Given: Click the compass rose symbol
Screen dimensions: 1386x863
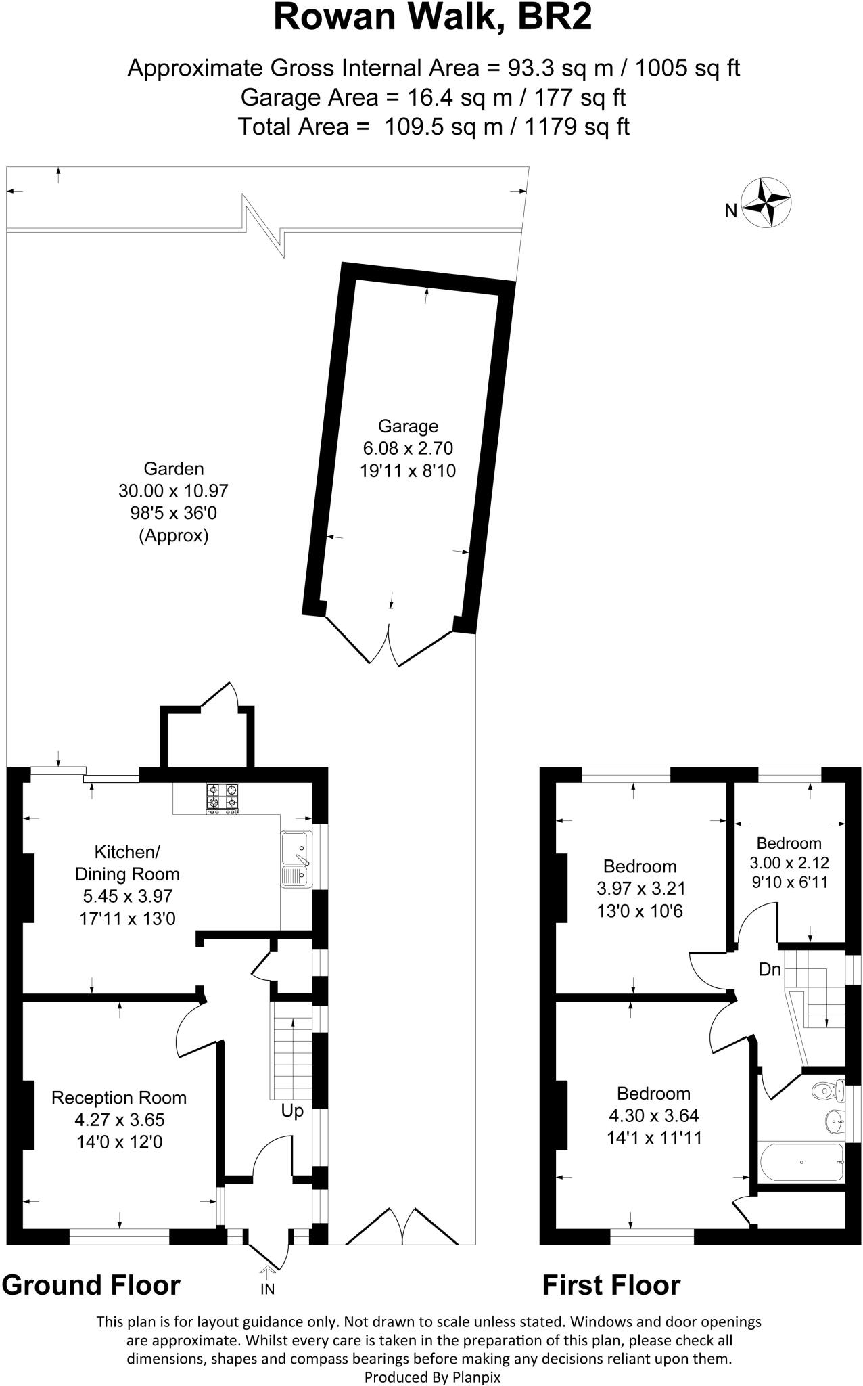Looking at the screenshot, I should [x=766, y=202].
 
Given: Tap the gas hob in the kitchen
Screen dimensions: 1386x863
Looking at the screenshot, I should [x=223, y=797].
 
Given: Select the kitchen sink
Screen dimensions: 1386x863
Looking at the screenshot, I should [x=296, y=858].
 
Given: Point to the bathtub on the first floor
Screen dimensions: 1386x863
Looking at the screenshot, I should [x=802, y=1162].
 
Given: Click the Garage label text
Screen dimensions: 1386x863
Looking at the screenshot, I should [x=408, y=426].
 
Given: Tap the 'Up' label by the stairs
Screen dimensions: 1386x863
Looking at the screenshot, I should [x=292, y=1111].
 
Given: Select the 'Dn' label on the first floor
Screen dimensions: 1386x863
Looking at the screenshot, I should [x=770, y=969].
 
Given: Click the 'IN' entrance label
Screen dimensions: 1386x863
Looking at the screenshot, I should [x=268, y=1289].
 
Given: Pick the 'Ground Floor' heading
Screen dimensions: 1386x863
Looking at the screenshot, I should [x=91, y=1284].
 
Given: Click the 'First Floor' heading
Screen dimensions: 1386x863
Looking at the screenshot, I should [x=611, y=1284].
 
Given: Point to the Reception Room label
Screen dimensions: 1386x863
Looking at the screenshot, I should [x=119, y=1097].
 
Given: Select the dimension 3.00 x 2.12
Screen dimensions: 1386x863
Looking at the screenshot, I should [x=789, y=863].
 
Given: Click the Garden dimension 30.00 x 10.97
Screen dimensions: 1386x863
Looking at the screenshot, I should [x=174, y=491].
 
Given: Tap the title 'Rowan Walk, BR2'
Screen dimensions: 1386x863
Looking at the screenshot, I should [x=432, y=18].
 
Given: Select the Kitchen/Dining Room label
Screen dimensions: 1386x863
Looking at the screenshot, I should [x=127, y=862].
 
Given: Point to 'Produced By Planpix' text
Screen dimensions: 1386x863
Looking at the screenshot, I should [x=432, y=1377].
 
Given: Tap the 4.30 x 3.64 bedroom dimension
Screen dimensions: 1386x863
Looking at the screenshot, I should [x=654, y=1115].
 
